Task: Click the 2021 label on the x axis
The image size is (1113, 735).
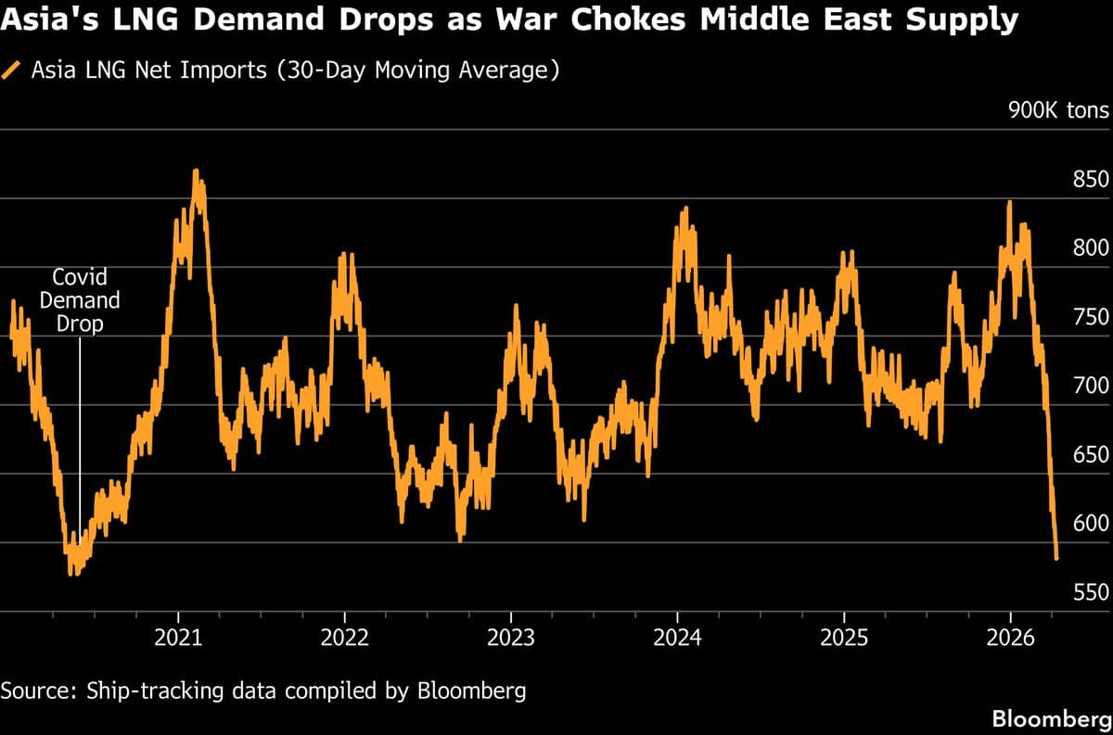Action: (178, 638)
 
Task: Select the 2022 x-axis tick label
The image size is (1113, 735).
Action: (344, 638)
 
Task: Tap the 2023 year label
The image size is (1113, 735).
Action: (510, 638)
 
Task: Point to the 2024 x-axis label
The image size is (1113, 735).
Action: (677, 638)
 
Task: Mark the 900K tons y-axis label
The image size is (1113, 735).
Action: (1058, 111)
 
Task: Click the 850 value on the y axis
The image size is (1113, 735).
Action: (1091, 180)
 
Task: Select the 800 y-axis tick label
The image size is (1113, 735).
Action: (1091, 248)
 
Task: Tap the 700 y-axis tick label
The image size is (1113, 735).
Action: (1091, 386)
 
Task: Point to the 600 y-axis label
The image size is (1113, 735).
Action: (1091, 523)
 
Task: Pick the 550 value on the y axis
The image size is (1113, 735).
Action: (1091, 592)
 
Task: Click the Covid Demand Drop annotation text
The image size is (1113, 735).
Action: (80, 300)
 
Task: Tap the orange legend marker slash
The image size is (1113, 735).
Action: (12, 70)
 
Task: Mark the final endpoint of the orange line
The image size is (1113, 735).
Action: (1057, 558)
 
